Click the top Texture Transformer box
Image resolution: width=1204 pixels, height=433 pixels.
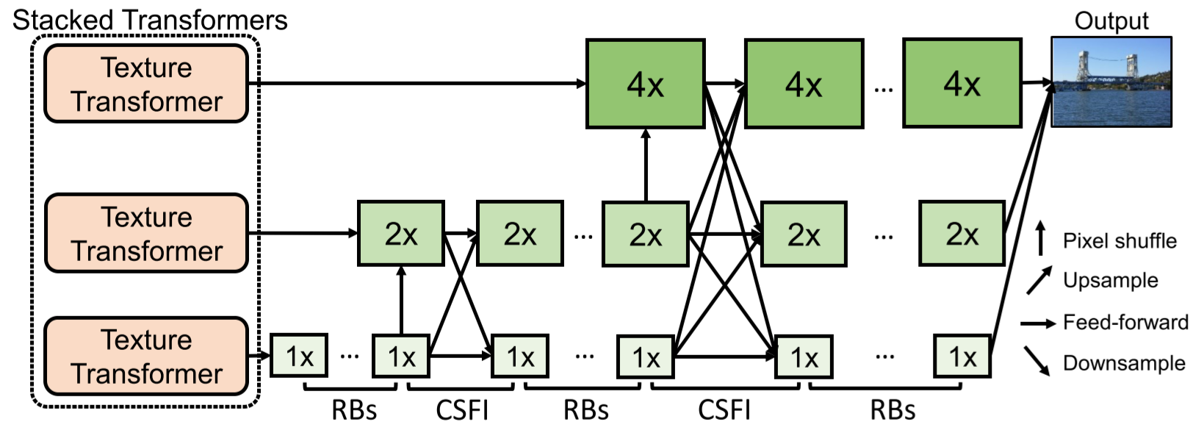146,84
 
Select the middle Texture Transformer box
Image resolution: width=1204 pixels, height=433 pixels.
146,233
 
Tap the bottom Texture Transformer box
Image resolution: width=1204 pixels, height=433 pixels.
146,356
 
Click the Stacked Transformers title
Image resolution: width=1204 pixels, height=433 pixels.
150,20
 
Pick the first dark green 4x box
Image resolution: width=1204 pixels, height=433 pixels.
645,84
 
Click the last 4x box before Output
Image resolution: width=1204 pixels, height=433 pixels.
962,84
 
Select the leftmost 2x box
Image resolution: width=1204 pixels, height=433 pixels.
400,234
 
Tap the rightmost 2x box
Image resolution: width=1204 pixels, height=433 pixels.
961,234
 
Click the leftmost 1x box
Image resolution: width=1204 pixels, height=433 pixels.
299,356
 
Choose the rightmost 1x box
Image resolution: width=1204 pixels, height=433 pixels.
962,356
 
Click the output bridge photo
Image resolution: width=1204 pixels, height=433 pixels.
1111,82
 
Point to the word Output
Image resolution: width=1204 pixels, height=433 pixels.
1111,21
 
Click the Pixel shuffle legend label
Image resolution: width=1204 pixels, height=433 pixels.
1119,240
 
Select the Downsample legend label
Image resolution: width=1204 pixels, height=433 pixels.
1123,363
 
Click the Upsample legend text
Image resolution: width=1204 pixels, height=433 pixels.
1110,280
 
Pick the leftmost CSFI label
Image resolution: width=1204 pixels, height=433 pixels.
461,409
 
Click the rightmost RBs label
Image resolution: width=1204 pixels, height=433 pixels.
892,409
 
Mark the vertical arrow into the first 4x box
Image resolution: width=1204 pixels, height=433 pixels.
646,165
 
